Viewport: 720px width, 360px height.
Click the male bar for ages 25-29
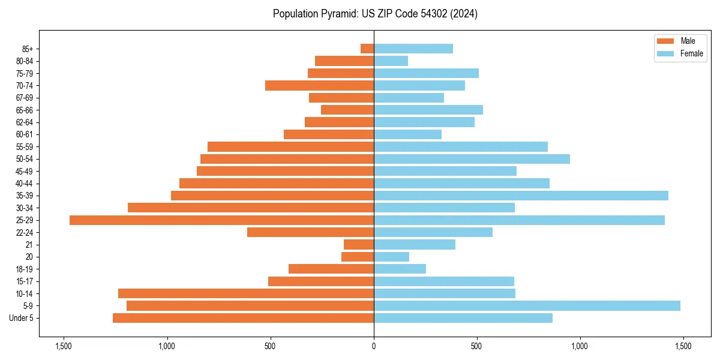point(221,220)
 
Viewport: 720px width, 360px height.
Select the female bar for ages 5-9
point(527,305)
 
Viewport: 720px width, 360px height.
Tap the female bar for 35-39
point(521,196)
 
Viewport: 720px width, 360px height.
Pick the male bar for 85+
point(367,49)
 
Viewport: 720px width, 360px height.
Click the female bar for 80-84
point(391,61)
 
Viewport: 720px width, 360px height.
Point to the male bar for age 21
point(359,244)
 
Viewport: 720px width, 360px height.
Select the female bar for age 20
point(391,257)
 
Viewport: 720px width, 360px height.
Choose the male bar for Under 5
point(243,318)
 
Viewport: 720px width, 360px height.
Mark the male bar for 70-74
point(319,85)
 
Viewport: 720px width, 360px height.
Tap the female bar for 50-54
point(472,159)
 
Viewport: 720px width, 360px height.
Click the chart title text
point(375,14)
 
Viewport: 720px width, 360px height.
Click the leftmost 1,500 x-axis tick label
point(63,347)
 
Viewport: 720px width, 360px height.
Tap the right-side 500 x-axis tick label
point(476,347)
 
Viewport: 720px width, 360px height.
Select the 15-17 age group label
point(25,281)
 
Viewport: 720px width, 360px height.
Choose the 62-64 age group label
point(25,122)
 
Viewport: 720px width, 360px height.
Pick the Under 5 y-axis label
point(22,318)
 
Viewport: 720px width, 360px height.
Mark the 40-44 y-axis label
point(25,184)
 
